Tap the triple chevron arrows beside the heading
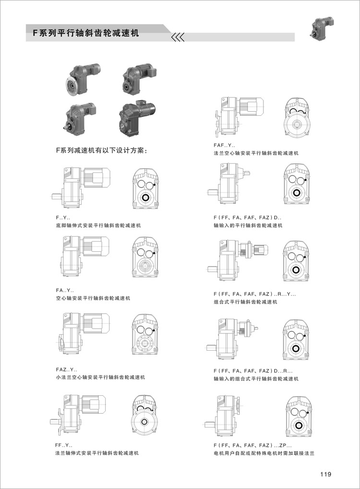(178, 37)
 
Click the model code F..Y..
(63, 218)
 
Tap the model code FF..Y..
(64, 445)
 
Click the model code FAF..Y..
(225, 145)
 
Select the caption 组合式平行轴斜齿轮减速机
(245, 302)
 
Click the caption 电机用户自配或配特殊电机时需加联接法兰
(264, 453)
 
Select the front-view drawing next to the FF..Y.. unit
(144, 416)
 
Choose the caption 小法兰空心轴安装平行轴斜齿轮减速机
(100, 377)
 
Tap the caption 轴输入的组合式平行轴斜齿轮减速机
(256, 379)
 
